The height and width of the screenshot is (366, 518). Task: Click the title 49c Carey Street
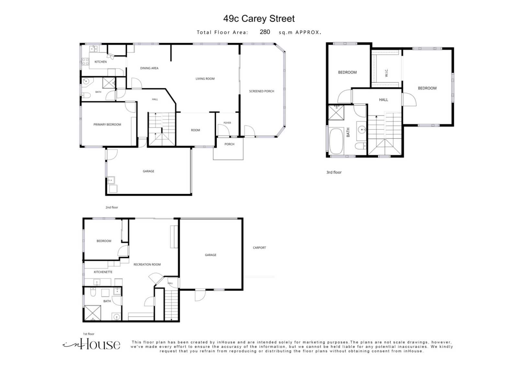pos(259,19)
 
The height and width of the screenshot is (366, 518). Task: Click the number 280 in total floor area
pos(265,32)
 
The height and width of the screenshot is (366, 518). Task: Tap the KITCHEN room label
pos(101,62)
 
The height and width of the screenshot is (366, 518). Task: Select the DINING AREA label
pos(149,68)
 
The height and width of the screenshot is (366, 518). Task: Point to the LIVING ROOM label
pos(205,79)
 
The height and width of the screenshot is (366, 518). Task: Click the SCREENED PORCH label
pos(262,91)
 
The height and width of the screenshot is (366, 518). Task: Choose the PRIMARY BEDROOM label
pos(107,125)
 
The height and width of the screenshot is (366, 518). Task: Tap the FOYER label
pos(227,123)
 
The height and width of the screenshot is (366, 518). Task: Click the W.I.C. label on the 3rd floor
pos(387,73)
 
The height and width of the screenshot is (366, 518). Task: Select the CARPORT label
pos(259,248)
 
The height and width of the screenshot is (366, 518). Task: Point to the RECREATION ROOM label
pos(147,264)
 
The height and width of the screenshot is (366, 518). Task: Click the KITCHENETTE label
pos(103,272)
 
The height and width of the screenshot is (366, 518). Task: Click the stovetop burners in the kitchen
pos(85,61)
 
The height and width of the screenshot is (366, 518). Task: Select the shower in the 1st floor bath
pos(93,313)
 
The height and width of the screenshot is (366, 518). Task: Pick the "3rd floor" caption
pos(334,172)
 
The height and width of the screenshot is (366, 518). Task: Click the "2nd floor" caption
pos(112,207)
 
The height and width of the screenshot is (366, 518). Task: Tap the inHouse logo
pos(91,345)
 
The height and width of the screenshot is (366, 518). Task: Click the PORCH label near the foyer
pos(230,144)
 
